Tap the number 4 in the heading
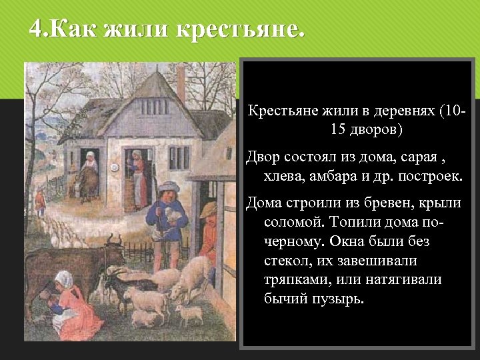click(x=37, y=30)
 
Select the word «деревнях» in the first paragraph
click(x=401, y=109)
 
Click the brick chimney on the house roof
click(x=181, y=83)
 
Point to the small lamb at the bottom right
click(x=189, y=313)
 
